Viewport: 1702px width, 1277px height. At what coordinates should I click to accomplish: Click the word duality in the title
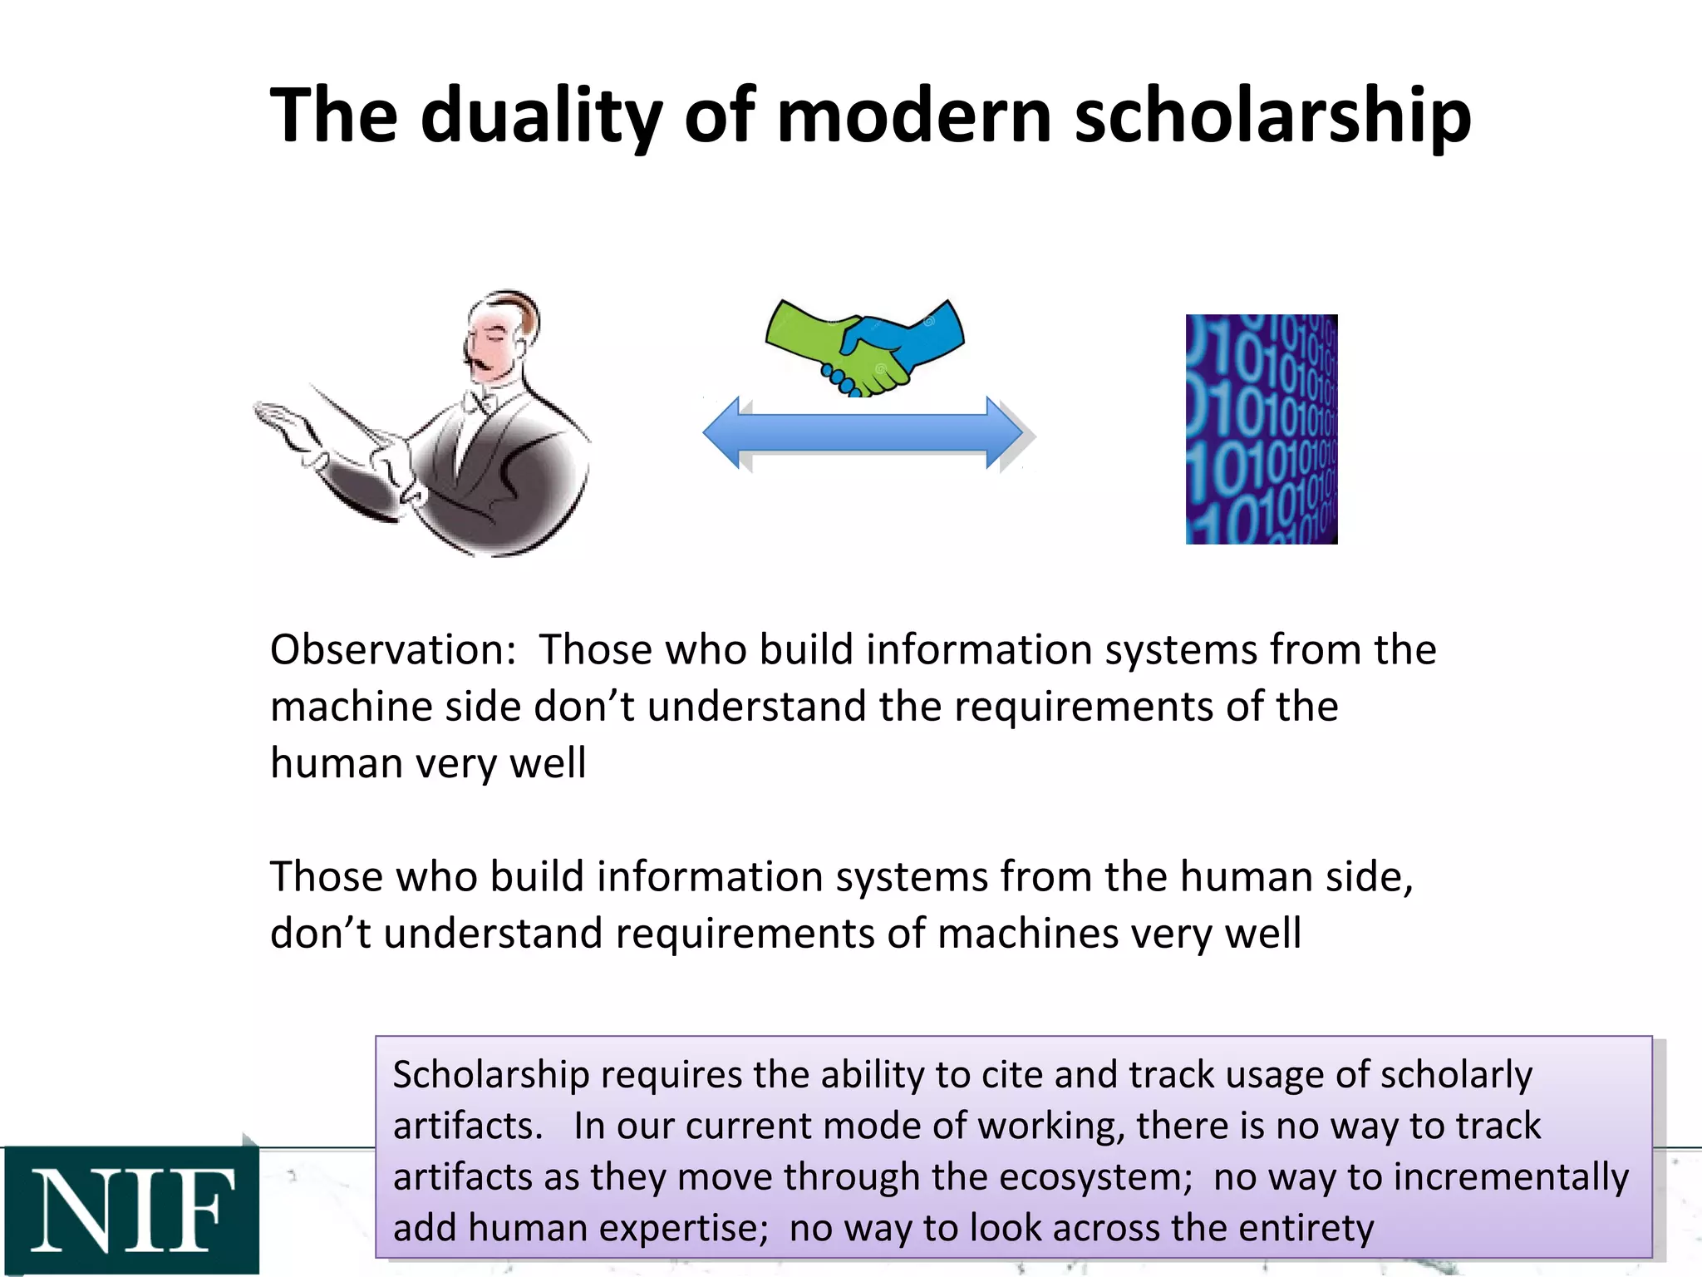click(x=541, y=116)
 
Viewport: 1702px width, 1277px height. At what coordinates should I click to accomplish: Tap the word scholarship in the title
click(x=1272, y=116)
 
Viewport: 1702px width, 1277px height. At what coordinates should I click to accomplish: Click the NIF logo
click(x=130, y=1210)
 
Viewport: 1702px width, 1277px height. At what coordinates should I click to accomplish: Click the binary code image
click(x=1261, y=429)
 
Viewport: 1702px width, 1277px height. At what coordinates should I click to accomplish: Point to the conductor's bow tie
click(x=481, y=403)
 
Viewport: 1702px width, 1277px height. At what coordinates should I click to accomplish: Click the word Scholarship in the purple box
click(x=490, y=1075)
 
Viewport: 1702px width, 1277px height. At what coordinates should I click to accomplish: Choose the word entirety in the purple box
click(x=1306, y=1228)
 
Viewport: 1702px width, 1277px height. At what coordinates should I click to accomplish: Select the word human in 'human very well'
click(x=336, y=763)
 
